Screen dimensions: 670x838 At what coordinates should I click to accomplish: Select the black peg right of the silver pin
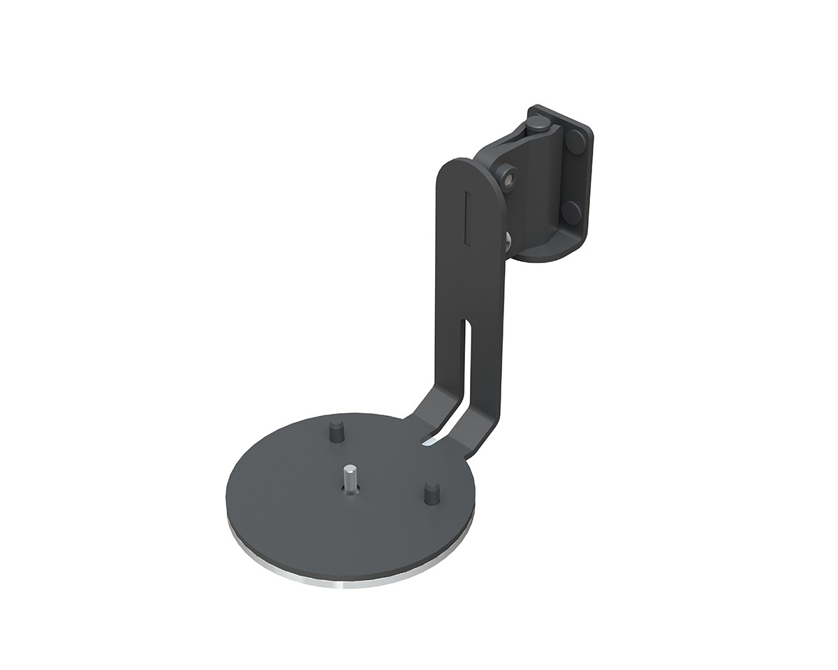coord(430,493)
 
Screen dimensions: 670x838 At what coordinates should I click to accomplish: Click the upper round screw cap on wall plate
coord(576,142)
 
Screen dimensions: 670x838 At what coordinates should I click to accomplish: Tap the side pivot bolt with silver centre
coord(509,177)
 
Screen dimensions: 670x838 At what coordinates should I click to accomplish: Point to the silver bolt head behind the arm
coord(506,241)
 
